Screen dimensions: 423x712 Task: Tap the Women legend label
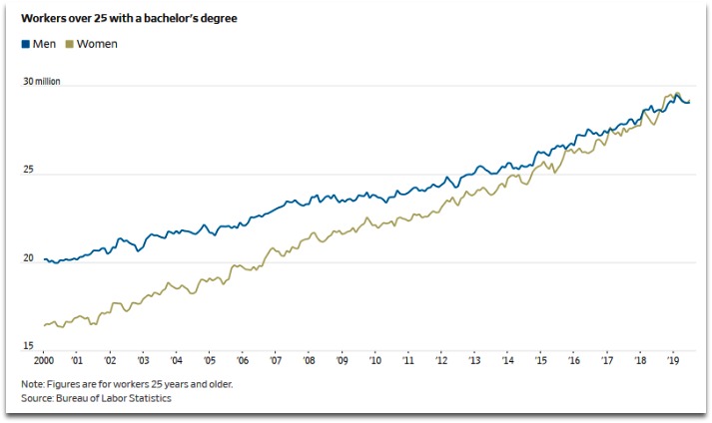coord(99,44)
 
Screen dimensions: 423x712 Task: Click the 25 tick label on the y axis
coord(29,171)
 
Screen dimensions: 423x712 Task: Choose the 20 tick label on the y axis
coord(29,259)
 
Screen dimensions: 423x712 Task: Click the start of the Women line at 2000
coord(44,325)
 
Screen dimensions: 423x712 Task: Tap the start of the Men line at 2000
coord(44,259)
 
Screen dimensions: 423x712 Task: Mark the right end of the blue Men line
coord(688,102)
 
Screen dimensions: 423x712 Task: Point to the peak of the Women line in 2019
coord(676,93)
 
